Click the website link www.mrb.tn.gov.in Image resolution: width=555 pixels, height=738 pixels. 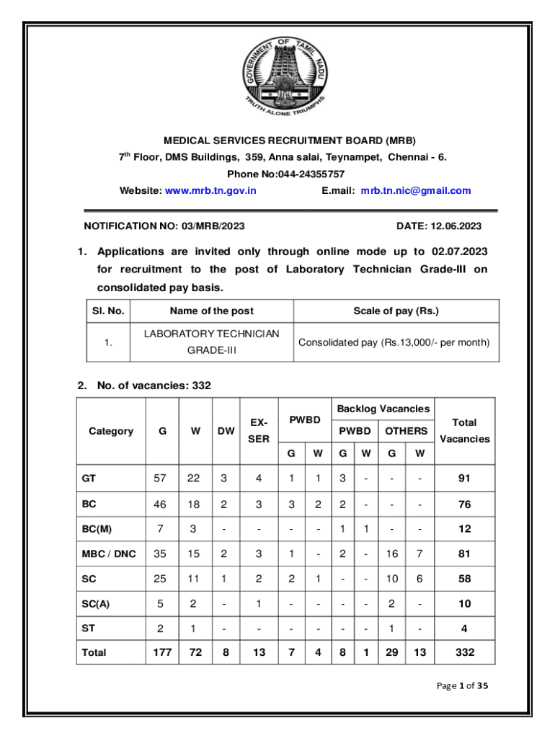(210, 191)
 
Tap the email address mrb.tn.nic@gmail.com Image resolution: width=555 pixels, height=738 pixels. (416, 191)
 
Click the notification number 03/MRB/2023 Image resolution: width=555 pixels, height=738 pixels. (203, 226)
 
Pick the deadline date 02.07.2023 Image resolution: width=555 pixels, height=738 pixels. (460, 252)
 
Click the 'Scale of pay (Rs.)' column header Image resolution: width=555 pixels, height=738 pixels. (396, 311)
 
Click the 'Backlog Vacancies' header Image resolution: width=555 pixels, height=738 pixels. (383, 409)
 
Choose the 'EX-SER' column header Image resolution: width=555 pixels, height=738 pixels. (259, 430)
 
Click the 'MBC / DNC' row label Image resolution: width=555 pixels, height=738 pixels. (109, 553)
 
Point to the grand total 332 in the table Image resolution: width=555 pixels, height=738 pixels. (464, 652)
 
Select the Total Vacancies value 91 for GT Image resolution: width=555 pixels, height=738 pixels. (464, 478)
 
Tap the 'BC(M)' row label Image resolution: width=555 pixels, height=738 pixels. (97, 529)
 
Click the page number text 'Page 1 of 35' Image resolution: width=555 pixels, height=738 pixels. (463, 686)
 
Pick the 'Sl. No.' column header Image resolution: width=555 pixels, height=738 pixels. (108, 311)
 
